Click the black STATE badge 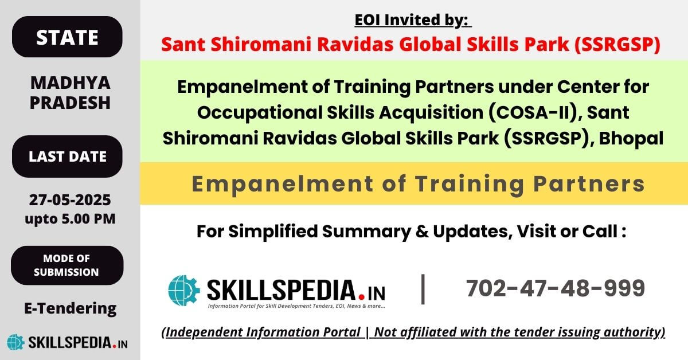pos(67,37)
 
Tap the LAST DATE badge pos(67,156)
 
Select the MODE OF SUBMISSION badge pos(67,265)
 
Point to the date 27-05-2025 pos(70,200)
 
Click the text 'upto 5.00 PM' pos(70,219)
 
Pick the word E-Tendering pos(71,308)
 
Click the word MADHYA pos(71,83)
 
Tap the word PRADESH pos(70,103)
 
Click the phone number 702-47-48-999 pos(556,288)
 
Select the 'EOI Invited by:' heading pos(413,20)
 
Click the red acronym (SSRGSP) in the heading pos(617,44)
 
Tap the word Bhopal pos(631,139)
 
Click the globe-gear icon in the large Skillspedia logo pos(184,290)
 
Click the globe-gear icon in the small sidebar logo pos(15,342)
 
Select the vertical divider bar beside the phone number pos(423,289)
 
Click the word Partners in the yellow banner pos(589,185)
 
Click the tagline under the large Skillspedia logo pos(296,306)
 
